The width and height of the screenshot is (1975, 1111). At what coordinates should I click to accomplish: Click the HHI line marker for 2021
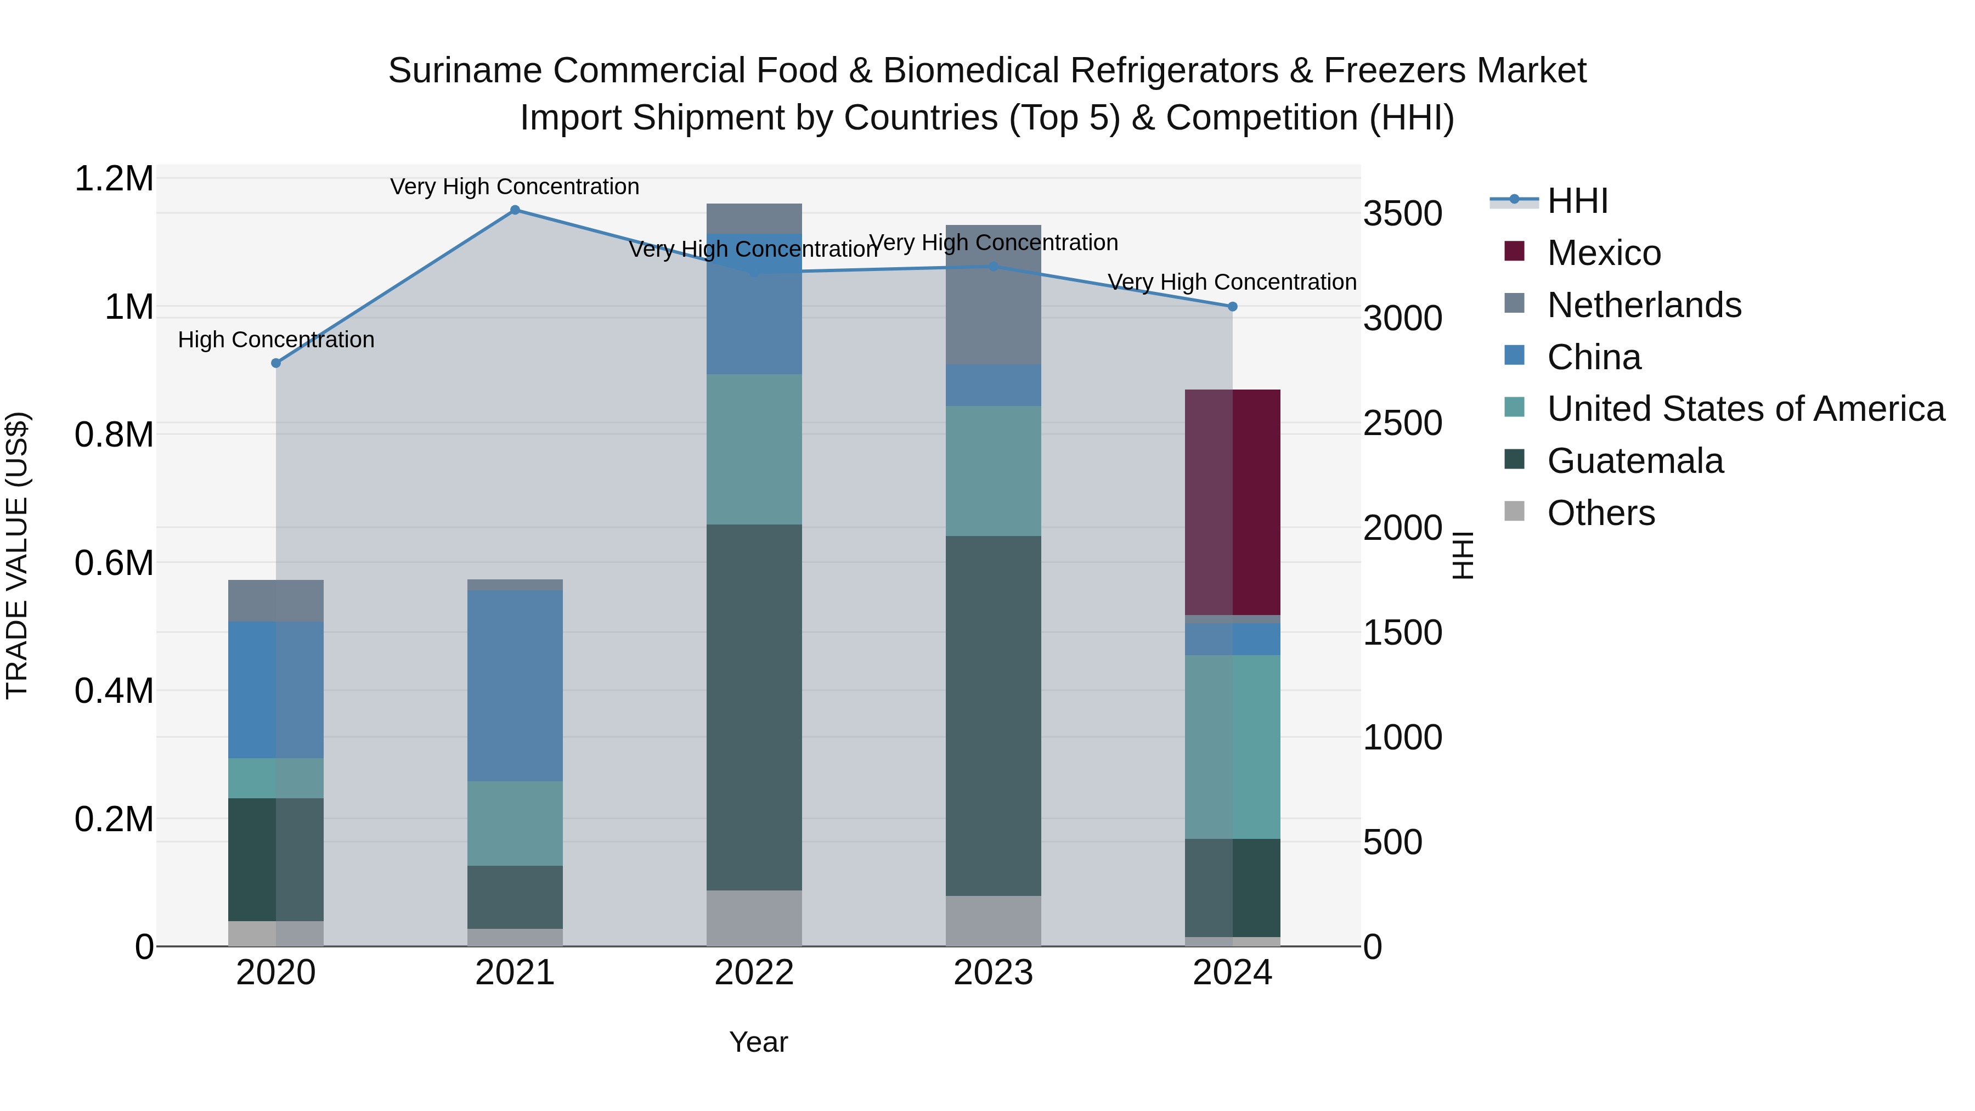(x=515, y=210)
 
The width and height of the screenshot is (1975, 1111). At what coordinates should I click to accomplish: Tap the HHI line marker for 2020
(x=276, y=363)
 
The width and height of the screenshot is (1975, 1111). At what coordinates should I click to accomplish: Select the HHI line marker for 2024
(x=1232, y=307)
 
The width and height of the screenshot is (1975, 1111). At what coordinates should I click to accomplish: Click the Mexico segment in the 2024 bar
(x=1233, y=502)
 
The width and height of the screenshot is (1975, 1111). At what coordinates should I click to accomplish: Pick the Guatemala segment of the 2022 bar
(x=754, y=707)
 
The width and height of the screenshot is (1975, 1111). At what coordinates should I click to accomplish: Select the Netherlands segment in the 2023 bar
(x=993, y=295)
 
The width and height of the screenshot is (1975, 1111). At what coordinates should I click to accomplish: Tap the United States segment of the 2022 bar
(x=754, y=449)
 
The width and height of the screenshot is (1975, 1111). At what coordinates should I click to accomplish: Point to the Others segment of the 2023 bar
(x=993, y=921)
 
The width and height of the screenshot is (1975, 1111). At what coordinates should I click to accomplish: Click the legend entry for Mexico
(x=1604, y=253)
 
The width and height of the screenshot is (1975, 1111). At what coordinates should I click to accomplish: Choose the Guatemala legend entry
(x=1635, y=461)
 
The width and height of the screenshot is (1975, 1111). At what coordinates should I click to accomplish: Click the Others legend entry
(x=1601, y=513)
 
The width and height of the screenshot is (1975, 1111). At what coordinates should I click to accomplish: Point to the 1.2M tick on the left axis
(x=114, y=179)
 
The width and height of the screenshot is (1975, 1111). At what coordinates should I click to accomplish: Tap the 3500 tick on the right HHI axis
(x=1402, y=213)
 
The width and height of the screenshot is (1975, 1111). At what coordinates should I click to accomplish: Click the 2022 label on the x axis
(x=754, y=973)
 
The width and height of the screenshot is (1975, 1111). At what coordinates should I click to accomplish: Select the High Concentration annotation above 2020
(x=276, y=340)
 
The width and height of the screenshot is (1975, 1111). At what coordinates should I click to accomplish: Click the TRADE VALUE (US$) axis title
(x=17, y=555)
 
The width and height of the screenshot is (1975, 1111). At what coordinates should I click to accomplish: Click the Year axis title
(x=758, y=1042)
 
